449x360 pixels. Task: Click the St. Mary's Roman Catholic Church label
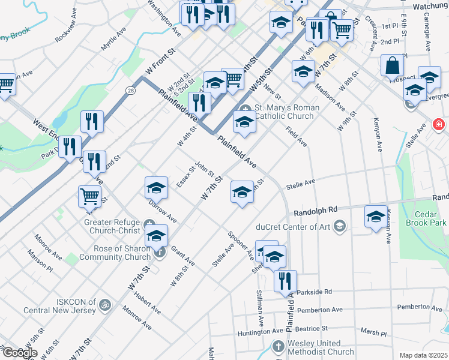click(284, 112)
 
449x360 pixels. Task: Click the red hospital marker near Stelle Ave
click(439, 125)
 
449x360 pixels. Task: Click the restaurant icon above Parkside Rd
click(286, 280)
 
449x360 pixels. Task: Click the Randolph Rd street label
click(315, 211)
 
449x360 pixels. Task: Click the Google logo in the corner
click(19, 353)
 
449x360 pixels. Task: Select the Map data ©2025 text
click(424, 355)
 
